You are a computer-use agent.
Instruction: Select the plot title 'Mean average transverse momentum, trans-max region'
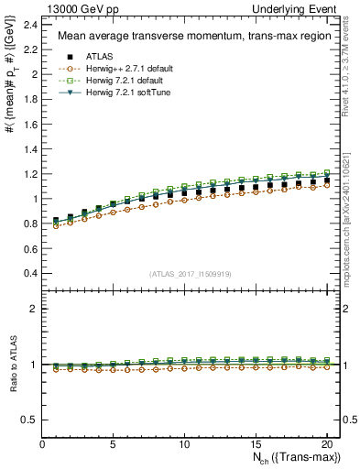click(189, 37)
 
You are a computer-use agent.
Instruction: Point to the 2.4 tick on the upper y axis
click(31, 24)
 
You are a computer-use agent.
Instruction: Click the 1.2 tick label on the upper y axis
click(31, 173)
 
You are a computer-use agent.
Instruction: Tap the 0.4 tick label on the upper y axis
click(31, 273)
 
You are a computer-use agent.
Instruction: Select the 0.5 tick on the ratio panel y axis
click(31, 420)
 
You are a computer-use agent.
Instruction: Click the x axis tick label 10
click(184, 444)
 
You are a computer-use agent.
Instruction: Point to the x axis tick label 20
click(325, 444)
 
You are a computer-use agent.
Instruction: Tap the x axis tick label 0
click(42, 444)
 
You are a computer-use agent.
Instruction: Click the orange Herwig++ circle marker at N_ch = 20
click(325, 185)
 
